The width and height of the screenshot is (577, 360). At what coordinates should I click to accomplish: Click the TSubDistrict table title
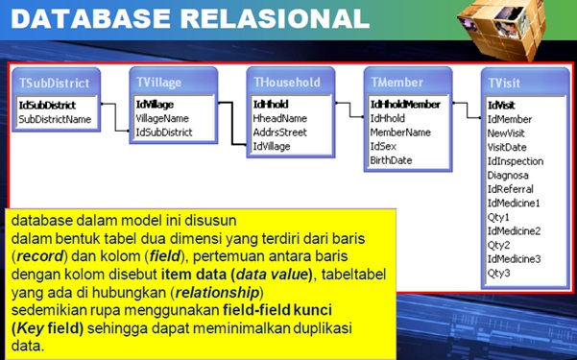(54, 84)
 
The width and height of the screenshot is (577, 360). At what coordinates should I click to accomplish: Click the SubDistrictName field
(55, 119)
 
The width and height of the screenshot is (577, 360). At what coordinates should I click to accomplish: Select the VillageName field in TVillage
(162, 118)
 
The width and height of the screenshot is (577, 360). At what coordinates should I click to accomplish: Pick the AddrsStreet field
(279, 132)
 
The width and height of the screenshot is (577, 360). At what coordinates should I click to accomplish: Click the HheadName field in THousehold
(279, 118)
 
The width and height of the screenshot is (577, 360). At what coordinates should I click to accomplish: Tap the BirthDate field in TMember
(391, 160)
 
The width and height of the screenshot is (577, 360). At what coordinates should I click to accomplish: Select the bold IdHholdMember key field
(405, 104)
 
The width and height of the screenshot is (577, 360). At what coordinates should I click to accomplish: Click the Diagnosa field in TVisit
(508, 175)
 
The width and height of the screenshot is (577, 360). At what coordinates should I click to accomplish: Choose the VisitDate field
(507, 147)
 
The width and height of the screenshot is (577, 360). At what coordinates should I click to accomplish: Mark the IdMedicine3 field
(514, 258)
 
